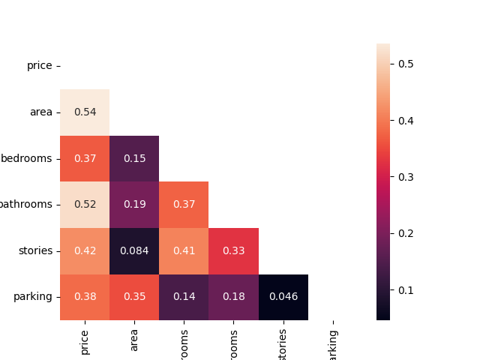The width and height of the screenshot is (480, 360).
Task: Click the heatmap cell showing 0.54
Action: pyautogui.click(x=85, y=112)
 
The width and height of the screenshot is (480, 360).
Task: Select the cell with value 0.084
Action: pyautogui.click(x=134, y=250)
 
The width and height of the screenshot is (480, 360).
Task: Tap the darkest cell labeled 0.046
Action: pyautogui.click(x=283, y=297)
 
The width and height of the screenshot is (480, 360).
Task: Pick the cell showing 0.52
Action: pyautogui.click(x=85, y=204)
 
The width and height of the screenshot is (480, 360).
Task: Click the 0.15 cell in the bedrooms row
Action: pyautogui.click(x=134, y=158)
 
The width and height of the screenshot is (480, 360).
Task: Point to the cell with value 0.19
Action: pyautogui.click(x=134, y=204)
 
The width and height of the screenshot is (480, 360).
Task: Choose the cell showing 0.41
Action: pyautogui.click(x=184, y=250)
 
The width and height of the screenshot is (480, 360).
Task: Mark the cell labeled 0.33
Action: pyautogui.click(x=233, y=250)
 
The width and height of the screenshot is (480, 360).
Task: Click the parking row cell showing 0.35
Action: pyautogui.click(x=134, y=297)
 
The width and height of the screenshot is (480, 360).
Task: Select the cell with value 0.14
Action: pyautogui.click(x=184, y=297)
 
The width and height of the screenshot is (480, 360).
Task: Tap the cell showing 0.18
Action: pyautogui.click(x=233, y=297)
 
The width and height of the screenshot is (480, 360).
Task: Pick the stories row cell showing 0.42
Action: pyautogui.click(x=85, y=250)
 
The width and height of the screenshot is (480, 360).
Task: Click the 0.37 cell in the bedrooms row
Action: pyautogui.click(x=85, y=158)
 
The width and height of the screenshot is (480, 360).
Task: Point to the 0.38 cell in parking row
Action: pyautogui.click(x=85, y=297)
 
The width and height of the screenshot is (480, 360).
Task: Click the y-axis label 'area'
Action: pyautogui.click(x=41, y=112)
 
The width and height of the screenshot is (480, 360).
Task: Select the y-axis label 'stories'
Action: pyautogui.click(x=36, y=250)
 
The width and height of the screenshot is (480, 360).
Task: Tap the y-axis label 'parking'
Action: pyautogui.click(x=33, y=297)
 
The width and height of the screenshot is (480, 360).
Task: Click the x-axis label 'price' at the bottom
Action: pyautogui.click(x=85, y=341)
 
